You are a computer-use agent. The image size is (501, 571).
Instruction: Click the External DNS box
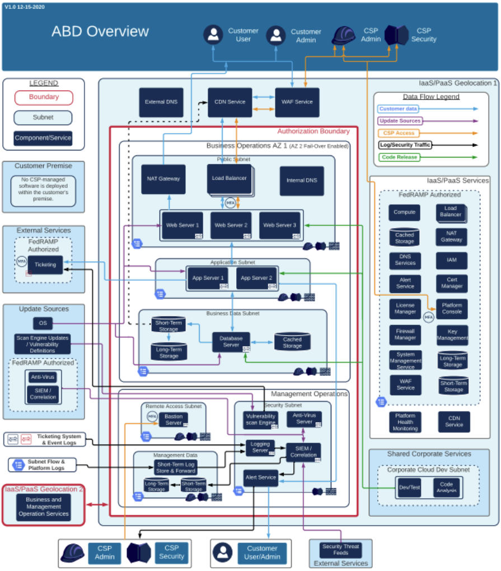[161, 102]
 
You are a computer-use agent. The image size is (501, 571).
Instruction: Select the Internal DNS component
[302, 180]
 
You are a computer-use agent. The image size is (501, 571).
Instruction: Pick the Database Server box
[231, 342]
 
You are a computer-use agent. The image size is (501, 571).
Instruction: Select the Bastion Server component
[173, 419]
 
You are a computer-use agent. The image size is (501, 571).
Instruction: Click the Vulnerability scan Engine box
[260, 419]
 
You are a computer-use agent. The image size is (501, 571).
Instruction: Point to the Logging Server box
[260, 447]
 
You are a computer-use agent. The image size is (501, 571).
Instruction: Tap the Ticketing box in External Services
[45, 265]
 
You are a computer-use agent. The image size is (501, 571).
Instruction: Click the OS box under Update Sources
[43, 323]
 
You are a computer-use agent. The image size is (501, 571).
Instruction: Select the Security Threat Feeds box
[340, 550]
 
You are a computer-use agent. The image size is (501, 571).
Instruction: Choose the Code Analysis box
[446, 488]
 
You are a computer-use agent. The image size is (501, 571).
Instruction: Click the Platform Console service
[452, 308]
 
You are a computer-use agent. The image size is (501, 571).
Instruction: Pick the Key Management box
[452, 334]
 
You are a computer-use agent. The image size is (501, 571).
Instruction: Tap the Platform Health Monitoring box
[405, 422]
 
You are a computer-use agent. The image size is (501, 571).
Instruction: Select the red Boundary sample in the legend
[44, 97]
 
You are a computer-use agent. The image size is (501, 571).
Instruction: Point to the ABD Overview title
[100, 31]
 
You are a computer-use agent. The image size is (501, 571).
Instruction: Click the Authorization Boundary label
[313, 131]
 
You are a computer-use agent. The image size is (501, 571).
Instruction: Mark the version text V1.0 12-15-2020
[25, 7]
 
